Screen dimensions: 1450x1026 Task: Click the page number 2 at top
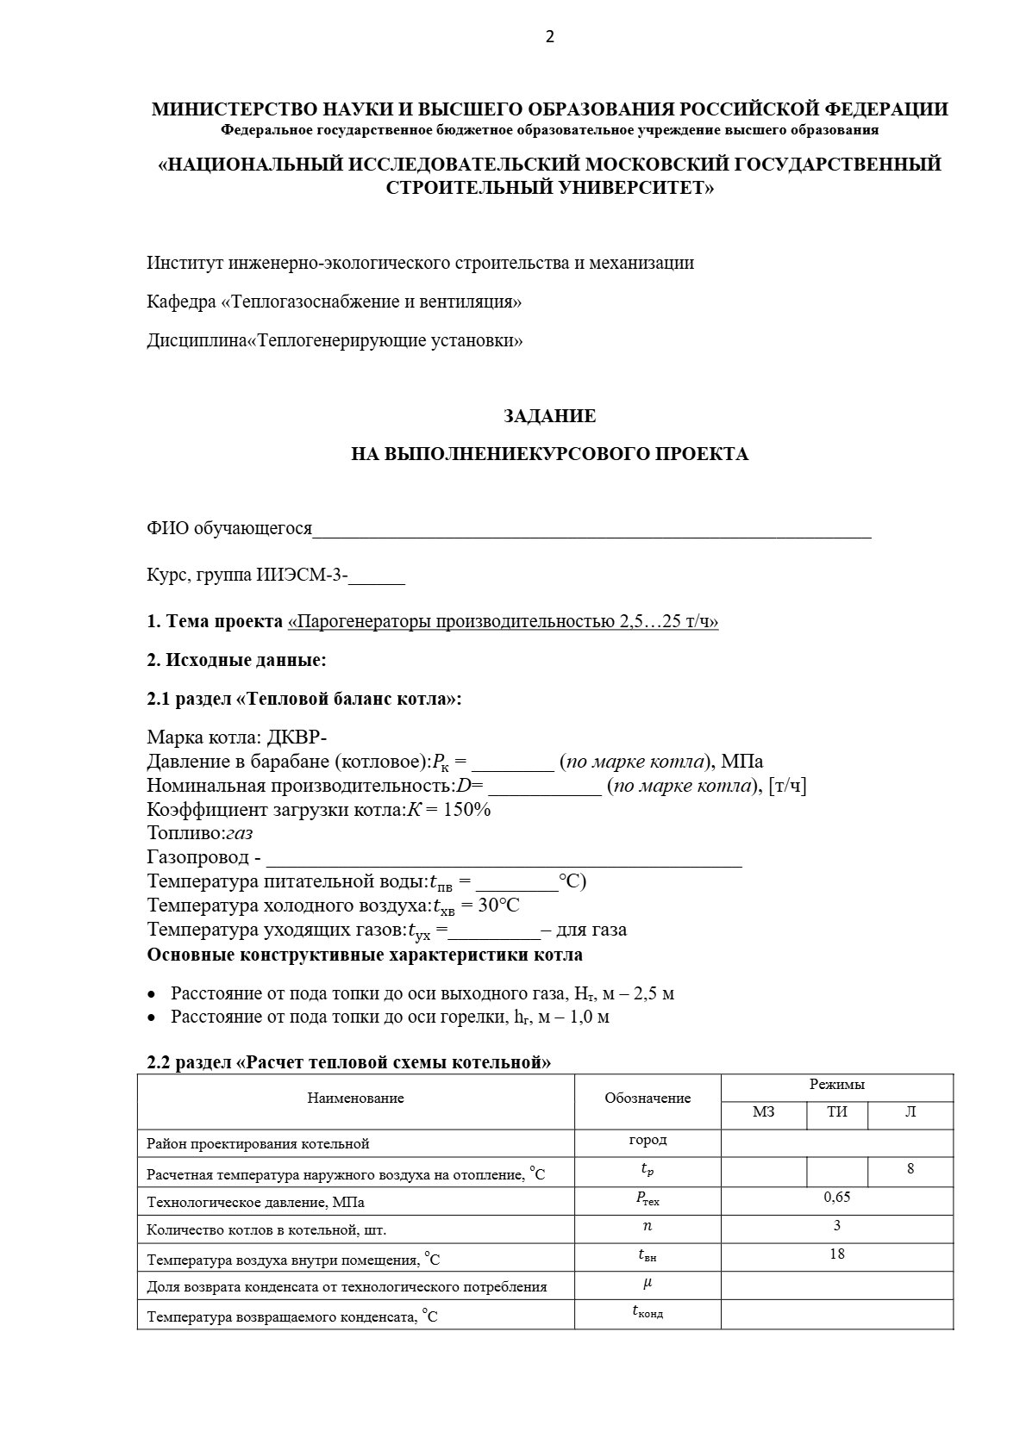pos(550,36)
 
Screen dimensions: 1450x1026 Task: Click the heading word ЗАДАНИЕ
pos(549,416)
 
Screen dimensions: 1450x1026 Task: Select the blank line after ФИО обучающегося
pos(591,529)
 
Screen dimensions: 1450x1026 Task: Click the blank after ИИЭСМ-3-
pos(377,576)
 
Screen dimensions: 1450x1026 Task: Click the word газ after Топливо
pos(239,834)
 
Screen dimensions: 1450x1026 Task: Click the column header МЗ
pos(763,1111)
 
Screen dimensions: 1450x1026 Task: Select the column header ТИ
pos(836,1111)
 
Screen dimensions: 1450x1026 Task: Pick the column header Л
pos(910,1111)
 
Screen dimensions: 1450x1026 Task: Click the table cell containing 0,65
pos(836,1197)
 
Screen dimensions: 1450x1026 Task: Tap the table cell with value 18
pos(836,1254)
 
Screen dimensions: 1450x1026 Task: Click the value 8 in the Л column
pos(910,1169)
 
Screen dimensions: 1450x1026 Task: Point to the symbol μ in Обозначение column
pos(648,1282)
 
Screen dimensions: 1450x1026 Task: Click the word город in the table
pos(648,1140)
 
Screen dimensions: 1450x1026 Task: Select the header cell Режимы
pos(836,1085)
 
